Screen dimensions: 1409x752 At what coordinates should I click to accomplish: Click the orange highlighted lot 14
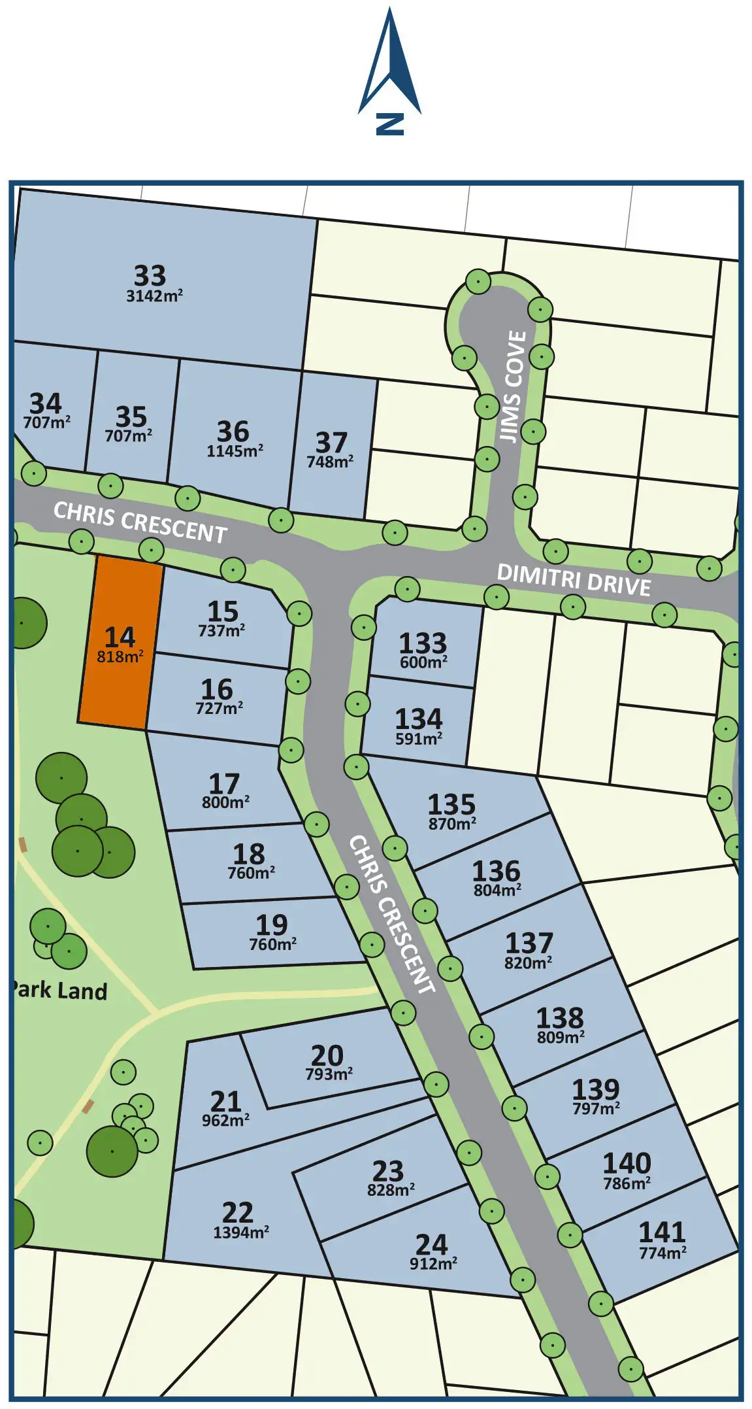tap(121, 644)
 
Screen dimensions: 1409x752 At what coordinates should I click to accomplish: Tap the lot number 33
tap(150, 275)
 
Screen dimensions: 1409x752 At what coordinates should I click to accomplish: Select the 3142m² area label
tap(154, 296)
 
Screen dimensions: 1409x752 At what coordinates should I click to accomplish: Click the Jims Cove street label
tap(514, 386)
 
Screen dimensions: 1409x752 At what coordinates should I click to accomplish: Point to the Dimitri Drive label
tap(574, 580)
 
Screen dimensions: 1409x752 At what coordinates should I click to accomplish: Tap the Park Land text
tap(61, 990)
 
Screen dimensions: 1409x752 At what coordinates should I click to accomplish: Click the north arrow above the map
tap(390, 63)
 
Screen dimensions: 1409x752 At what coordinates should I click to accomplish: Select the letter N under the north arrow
tap(390, 124)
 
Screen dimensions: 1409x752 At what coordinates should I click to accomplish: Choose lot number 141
tap(662, 1232)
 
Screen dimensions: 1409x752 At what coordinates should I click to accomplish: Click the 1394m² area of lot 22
tap(241, 1232)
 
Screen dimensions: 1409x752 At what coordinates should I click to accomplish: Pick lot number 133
tap(423, 643)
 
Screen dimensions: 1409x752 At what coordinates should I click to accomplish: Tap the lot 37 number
tap(331, 443)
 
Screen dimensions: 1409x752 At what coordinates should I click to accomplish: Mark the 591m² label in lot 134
tap(419, 739)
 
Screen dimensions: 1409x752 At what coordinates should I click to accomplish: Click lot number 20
tap(327, 1055)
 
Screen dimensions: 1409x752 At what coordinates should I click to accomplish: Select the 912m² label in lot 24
tap(433, 1264)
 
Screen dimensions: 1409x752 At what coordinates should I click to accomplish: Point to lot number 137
tap(529, 943)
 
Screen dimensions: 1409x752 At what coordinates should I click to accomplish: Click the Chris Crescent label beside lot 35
tap(140, 522)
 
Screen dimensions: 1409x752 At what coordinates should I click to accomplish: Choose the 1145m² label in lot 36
tap(235, 451)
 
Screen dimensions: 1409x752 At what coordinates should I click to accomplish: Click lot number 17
tap(224, 783)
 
